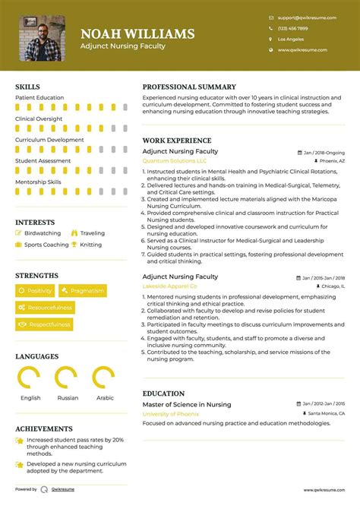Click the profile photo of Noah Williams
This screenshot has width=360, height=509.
pyautogui.click(x=42, y=38)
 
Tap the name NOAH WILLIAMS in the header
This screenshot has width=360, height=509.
pyautogui.click(x=137, y=33)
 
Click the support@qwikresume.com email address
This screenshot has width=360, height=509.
pyautogui.click(x=303, y=17)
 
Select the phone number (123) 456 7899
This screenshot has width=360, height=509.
pyautogui.click(x=292, y=28)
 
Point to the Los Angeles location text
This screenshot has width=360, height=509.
pyautogui.click(x=291, y=39)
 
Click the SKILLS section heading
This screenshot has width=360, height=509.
pyautogui.click(x=27, y=87)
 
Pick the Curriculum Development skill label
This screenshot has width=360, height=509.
pyautogui.click(x=49, y=140)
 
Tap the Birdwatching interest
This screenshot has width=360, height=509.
pyautogui.click(x=43, y=233)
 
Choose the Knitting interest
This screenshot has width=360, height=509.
pyautogui.click(x=90, y=245)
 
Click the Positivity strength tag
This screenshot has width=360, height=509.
pyautogui.click(x=35, y=291)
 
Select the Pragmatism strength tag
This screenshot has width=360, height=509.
pyautogui.click(x=83, y=291)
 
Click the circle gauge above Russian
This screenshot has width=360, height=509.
pyautogui.click(x=66, y=378)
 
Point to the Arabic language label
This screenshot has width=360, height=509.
pyautogui.click(x=105, y=397)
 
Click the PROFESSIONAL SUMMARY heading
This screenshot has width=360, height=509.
pyautogui.click(x=189, y=87)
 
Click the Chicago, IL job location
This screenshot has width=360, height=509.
pyautogui.click(x=328, y=287)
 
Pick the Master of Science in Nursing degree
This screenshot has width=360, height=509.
pyautogui.click(x=187, y=404)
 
